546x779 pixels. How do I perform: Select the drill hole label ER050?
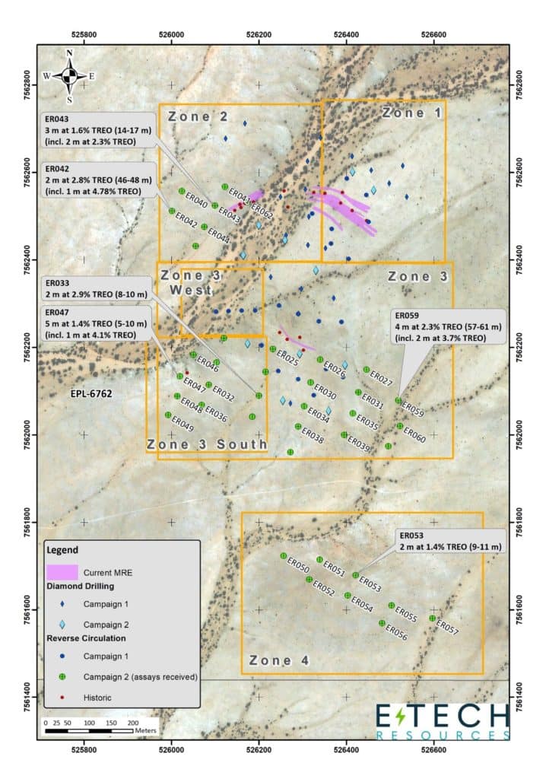click(x=297, y=568)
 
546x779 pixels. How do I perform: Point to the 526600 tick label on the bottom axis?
click(x=433, y=748)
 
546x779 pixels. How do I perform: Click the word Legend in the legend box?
click(x=62, y=549)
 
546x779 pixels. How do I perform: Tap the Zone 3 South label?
click(x=207, y=444)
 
